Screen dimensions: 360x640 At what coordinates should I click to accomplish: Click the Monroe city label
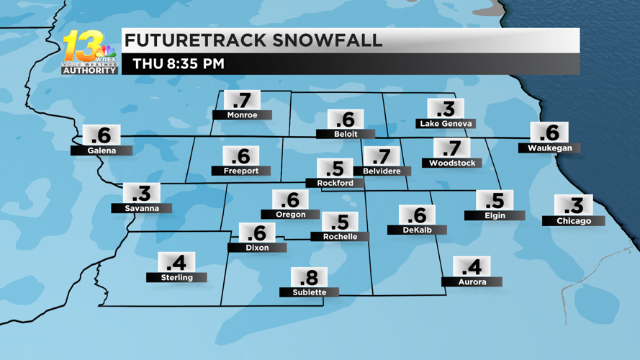242,115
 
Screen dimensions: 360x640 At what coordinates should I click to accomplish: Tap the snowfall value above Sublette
309,277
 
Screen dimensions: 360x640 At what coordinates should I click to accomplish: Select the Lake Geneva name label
446,124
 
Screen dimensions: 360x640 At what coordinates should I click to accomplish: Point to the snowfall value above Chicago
574,205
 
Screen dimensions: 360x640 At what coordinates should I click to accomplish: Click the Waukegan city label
549,148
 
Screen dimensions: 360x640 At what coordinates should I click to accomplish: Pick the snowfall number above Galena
102,135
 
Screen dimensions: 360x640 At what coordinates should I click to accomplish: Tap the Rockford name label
335,183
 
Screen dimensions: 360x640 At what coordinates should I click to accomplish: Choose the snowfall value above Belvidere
382,156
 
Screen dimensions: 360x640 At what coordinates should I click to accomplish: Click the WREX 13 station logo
89,52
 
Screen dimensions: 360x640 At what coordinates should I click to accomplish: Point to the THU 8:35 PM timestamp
179,64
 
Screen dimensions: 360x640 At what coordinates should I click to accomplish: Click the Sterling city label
176,277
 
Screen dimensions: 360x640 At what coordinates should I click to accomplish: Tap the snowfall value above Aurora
472,267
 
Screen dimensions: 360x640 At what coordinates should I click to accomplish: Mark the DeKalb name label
417,230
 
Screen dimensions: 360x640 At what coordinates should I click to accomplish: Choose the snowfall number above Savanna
142,193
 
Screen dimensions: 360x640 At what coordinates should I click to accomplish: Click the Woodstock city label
452,163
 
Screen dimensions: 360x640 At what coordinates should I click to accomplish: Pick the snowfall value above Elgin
495,200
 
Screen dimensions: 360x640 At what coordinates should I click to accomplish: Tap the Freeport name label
240,171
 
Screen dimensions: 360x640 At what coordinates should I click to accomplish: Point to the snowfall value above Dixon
257,233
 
